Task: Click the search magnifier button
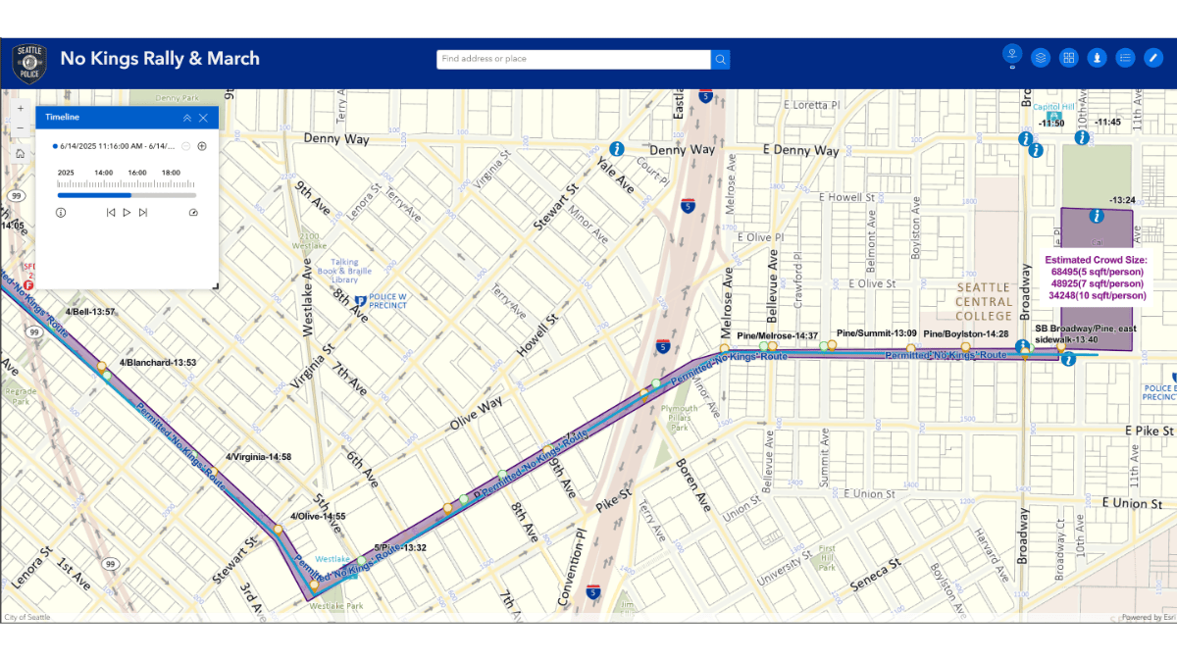pos(721,60)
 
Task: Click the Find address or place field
pos(574,60)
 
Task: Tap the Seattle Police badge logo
pos(28,64)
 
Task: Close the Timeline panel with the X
pos(203,118)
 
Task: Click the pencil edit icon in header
pos(1153,58)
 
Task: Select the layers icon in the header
pos(1041,58)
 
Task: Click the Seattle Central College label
pos(984,301)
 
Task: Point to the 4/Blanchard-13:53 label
pos(158,363)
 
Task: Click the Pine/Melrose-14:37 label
pos(777,335)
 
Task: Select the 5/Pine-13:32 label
pos(400,547)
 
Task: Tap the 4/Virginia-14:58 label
pos(258,457)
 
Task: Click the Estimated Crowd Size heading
pos(1096,260)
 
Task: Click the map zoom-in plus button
pos(21,108)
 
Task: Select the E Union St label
pos(1131,503)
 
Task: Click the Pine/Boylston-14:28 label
pos(966,334)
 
